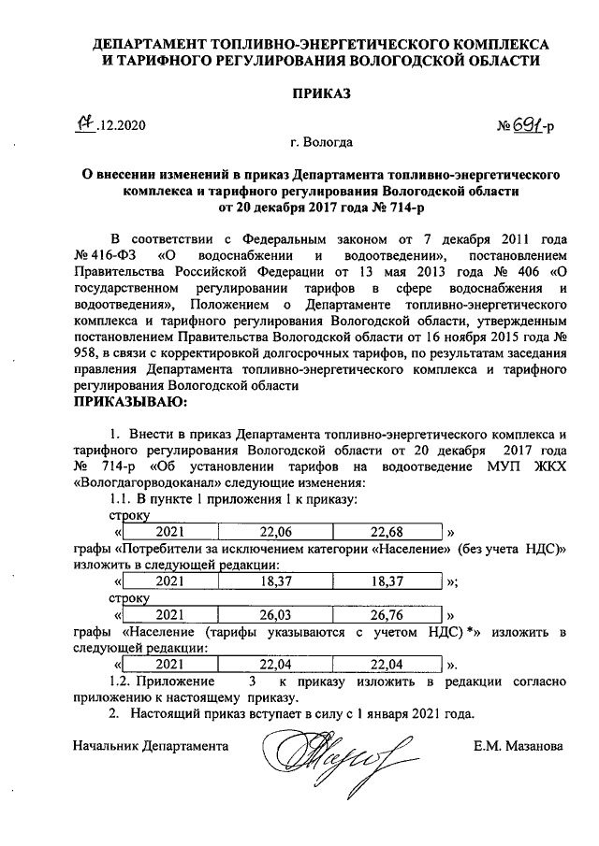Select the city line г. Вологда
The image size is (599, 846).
tap(321, 144)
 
